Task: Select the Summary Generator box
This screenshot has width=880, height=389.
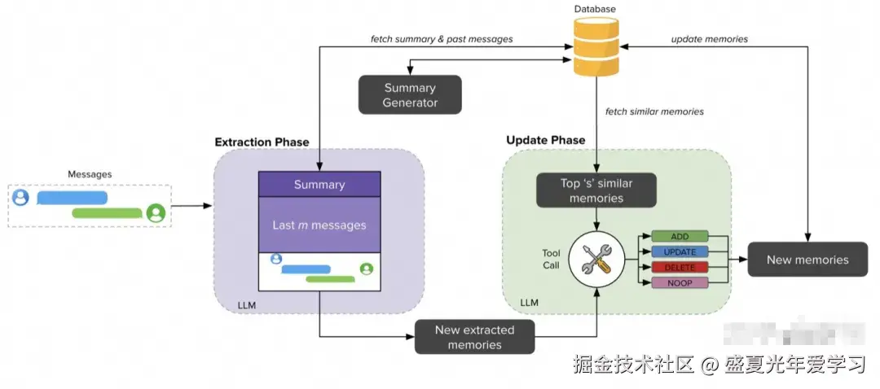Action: pyautogui.click(x=410, y=95)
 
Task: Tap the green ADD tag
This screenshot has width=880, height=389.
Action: pyautogui.click(x=680, y=236)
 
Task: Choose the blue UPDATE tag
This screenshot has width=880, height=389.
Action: pyautogui.click(x=680, y=251)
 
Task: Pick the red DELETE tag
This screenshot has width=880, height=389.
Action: pyautogui.click(x=680, y=267)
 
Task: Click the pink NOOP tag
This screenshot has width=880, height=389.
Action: pyautogui.click(x=680, y=282)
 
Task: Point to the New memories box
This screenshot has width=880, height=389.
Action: pyautogui.click(x=807, y=260)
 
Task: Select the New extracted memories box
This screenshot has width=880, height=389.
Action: pyautogui.click(x=474, y=337)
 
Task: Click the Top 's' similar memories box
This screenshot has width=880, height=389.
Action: pyautogui.click(x=596, y=190)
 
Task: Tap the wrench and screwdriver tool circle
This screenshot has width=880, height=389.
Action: pyautogui.click(x=597, y=260)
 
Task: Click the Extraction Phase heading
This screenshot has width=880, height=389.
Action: pyautogui.click(x=262, y=142)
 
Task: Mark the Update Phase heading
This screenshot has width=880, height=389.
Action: pyautogui.click(x=545, y=140)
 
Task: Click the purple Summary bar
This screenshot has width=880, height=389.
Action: pyautogui.click(x=319, y=185)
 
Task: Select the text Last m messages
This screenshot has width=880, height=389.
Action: pyautogui.click(x=319, y=225)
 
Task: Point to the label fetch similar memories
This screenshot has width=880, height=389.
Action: pyautogui.click(x=654, y=111)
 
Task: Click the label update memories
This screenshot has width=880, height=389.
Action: pyautogui.click(x=709, y=39)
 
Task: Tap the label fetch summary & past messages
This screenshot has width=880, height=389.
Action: pyautogui.click(x=442, y=39)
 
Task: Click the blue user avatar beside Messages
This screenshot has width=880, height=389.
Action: pyautogui.click(x=20, y=198)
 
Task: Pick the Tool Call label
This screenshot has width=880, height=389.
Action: pyautogui.click(x=551, y=259)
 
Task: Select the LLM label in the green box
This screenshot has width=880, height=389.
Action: pyautogui.click(x=529, y=304)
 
